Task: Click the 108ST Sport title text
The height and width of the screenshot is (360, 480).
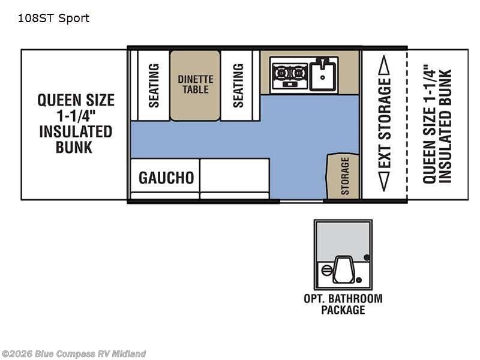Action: pos(53,19)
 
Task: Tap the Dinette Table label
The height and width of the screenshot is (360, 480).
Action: pos(196,84)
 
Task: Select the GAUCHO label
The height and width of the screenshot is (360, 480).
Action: pos(166,178)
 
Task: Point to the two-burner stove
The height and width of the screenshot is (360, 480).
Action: pos(290,76)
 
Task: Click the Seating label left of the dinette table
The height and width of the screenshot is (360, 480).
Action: pos(154,85)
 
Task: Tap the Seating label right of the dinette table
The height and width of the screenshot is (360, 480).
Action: pos(238,85)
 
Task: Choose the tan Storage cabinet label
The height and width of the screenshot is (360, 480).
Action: pos(345,176)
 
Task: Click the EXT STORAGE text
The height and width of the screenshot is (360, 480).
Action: pos(385,123)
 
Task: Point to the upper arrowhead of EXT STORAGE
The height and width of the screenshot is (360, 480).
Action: pos(384,65)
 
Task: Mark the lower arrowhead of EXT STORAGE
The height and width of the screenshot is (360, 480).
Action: pos(384,182)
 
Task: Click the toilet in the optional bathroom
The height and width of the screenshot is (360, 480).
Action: pos(343,269)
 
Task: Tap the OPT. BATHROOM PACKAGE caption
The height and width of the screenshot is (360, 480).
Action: pos(343,304)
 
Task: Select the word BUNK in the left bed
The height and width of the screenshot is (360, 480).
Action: pos(74,148)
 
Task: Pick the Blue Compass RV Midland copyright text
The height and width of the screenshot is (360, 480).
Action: pos(73,354)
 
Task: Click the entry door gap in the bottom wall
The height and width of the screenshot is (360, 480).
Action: pos(302,201)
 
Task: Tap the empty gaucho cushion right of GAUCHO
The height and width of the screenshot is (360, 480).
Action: pos(235,175)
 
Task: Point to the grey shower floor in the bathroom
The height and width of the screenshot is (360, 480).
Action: pos(343,242)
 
